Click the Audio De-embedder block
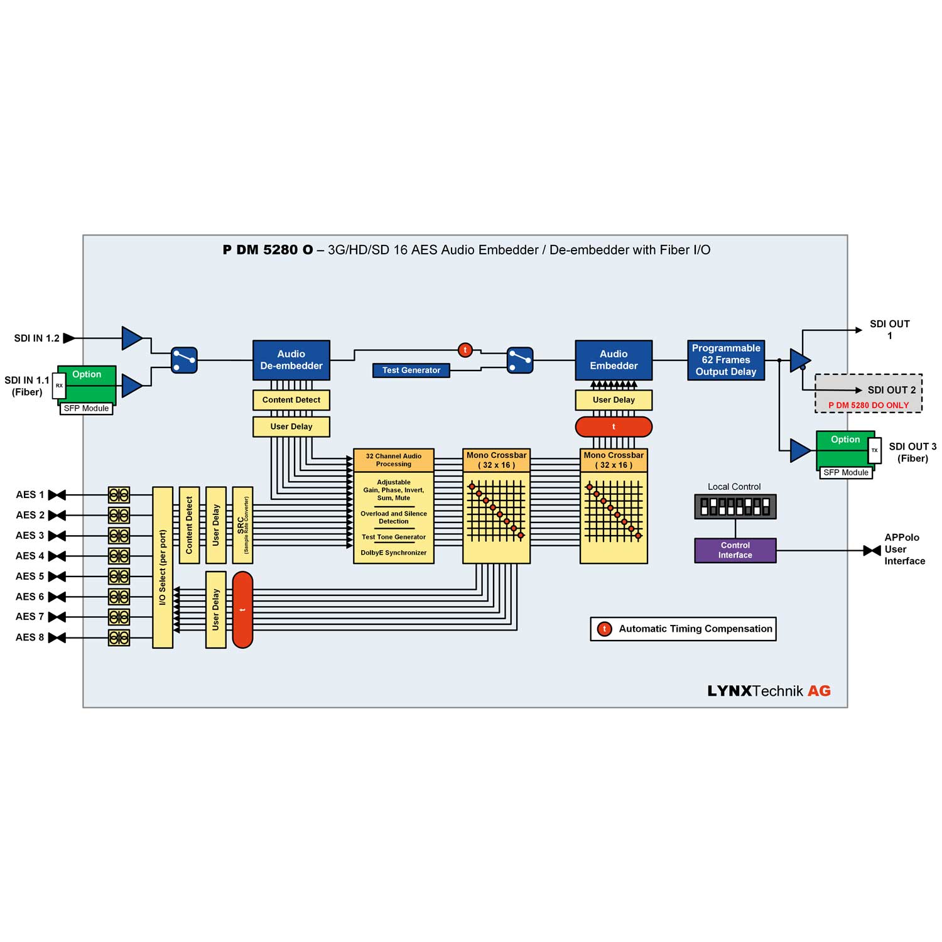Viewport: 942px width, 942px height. (291, 360)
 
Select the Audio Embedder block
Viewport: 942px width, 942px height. (614, 360)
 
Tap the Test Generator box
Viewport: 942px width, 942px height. (411, 371)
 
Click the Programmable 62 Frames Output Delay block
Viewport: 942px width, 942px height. (726, 360)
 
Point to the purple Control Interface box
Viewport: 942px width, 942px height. (735, 550)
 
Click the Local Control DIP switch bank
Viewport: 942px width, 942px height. (735, 506)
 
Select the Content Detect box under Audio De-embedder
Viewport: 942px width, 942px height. (291, 400)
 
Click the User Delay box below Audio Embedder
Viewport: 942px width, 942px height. (614, 400)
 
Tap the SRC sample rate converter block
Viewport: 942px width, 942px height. (242, 525)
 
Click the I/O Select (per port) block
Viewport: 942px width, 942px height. (163, 567)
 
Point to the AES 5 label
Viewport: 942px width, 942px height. (30, 577)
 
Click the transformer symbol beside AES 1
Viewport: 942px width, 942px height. (119, 495)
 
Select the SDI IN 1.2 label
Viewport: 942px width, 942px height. (37, 338)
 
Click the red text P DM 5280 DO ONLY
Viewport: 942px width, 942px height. (869, 406)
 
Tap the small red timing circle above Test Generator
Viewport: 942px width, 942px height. (465, 350)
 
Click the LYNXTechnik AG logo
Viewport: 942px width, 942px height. (769, 691)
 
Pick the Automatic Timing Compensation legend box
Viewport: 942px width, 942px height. (683, 629)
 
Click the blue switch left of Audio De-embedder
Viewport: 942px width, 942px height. (184, 360)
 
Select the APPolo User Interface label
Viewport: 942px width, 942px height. (904, 549)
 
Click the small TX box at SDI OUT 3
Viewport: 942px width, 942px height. (874, 450)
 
